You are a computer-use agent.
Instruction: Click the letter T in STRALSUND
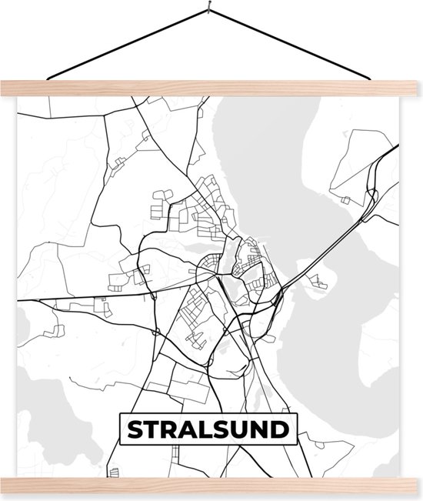150,429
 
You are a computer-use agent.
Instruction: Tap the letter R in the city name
168,429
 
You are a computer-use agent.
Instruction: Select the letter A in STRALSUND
188,429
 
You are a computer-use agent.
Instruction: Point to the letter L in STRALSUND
206,429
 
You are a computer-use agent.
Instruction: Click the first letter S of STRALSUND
132,429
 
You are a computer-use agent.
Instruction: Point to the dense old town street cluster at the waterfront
250,258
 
